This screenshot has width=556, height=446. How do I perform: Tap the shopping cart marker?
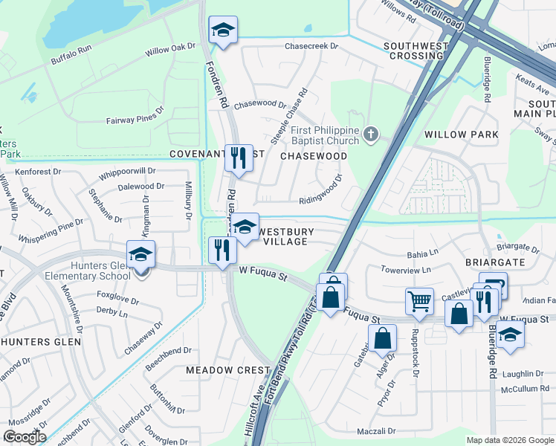419,301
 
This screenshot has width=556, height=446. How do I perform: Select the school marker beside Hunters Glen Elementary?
140,254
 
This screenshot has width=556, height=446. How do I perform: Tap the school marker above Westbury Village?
243,229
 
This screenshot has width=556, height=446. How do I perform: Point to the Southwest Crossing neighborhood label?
416,51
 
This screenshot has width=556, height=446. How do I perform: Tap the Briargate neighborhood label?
495,262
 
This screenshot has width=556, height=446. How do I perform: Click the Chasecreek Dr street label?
311,46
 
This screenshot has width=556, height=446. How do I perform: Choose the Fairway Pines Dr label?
135,115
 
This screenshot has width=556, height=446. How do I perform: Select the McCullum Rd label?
525,389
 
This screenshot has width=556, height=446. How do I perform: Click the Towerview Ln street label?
405,271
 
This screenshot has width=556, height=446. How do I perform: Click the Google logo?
24,437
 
